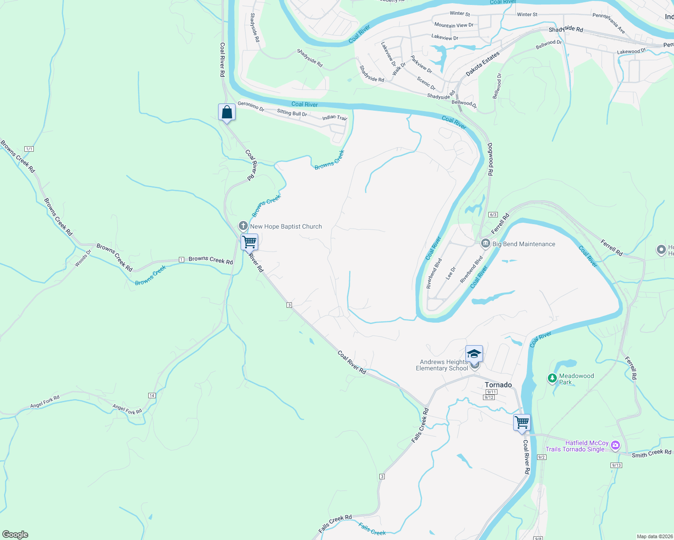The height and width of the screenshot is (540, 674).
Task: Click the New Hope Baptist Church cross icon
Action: (243, 226)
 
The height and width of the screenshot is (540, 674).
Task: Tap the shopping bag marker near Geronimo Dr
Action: (227, 112)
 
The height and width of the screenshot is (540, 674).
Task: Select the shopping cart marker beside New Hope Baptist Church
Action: (249, 243)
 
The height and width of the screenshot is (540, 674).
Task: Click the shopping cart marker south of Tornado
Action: (522, 423)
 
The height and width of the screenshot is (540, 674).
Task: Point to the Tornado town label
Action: (498, 385)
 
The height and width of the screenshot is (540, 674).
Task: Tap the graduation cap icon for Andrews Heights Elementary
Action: (474, 354)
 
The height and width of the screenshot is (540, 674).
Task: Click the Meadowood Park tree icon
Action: (552, 378)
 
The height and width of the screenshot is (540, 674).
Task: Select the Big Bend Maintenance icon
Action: (485, 244)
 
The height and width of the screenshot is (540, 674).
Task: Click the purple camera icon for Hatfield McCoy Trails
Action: (615, 445)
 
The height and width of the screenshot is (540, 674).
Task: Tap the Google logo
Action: (15, 535)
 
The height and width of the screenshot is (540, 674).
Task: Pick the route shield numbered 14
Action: (152, 396)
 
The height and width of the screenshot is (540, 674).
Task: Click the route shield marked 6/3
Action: (492, 215)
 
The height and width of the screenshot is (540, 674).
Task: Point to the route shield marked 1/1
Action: (29, 149)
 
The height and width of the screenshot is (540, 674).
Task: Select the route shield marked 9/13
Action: (616, 465)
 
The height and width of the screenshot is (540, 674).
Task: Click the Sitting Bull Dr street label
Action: (292, 113)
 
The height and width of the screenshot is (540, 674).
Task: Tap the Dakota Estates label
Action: (483, 63)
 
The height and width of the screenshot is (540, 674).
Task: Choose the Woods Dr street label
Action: (83, 258)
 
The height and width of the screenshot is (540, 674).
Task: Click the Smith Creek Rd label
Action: (651, 454)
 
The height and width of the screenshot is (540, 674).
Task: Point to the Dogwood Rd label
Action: (490, 159)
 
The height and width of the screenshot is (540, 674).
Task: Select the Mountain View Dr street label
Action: (454, 25)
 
